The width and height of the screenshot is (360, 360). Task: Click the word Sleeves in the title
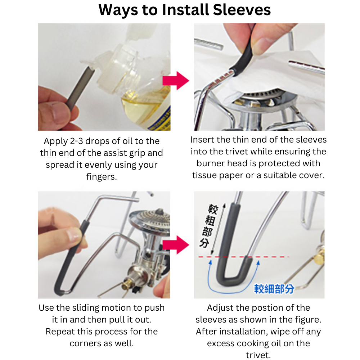pos(242,10)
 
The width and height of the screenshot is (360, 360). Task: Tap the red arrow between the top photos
pos(176,81)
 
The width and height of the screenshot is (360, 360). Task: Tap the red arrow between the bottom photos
pos(176,245)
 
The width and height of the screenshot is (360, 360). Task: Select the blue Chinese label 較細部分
pos(274,289)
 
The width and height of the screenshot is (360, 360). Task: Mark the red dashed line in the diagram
pos(243,257)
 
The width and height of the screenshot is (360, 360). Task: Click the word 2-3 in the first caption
pos(76,141)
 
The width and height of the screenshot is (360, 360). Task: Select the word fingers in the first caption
pos(102,177)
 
